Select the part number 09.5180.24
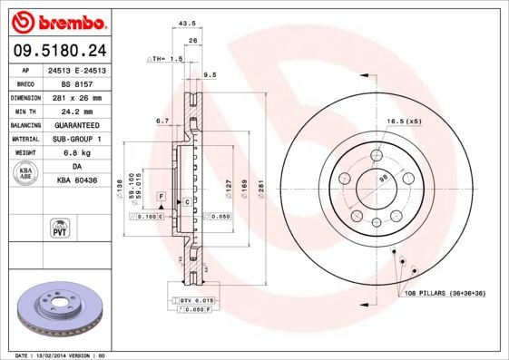pos(57,50)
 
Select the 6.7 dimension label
pos(163,121)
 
